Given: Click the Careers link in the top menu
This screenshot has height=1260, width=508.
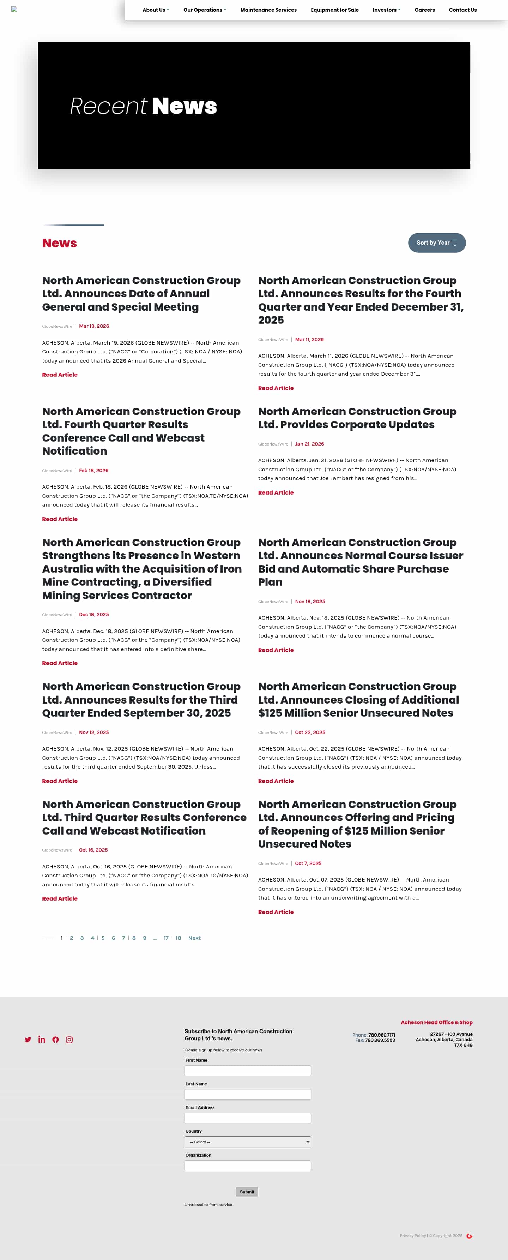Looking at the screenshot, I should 424,10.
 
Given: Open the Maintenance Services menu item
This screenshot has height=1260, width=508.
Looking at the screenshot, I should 268,10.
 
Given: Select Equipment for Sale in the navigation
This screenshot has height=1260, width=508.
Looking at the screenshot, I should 334,10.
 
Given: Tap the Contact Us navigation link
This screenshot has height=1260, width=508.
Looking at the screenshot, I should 462,10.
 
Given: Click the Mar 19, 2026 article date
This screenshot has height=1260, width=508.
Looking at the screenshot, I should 94,326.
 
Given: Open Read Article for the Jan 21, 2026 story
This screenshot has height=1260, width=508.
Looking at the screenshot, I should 276,492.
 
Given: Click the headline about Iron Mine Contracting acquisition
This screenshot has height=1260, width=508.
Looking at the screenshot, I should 142,568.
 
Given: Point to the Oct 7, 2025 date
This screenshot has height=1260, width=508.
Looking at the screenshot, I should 308,863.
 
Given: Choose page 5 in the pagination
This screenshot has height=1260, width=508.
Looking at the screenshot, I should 103,938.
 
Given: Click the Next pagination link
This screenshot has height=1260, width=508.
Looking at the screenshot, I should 194,938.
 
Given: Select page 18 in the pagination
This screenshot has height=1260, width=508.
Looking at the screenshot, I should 178,938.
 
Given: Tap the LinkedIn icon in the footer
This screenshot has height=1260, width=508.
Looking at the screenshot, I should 42,1039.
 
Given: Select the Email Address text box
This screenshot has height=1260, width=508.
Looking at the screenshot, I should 247,1118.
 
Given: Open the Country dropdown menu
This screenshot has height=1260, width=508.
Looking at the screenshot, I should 247,1142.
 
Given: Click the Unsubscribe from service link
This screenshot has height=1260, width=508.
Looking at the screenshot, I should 208,1204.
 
